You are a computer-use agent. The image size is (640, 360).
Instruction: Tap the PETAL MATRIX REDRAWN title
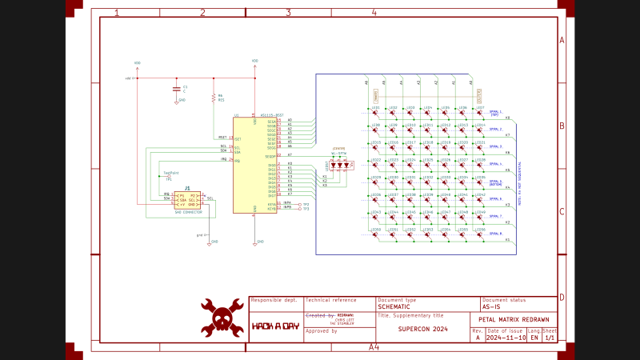click(512, 319)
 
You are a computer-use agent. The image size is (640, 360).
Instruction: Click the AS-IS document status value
click(493, 306)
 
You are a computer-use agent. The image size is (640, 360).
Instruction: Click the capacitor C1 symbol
click(177, 87)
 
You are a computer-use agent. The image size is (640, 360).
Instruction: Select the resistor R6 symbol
click(214, 98)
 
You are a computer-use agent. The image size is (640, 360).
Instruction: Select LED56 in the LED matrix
click(480, 233)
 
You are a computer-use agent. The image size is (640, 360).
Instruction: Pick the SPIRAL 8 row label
click(495, 234)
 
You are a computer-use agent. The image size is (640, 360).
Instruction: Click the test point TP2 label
click(306, 204)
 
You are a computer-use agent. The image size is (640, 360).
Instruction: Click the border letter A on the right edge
click(562, 40)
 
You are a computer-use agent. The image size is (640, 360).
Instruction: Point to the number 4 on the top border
click(374, 13)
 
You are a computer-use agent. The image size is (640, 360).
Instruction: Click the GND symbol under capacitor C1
click(177, 101)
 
